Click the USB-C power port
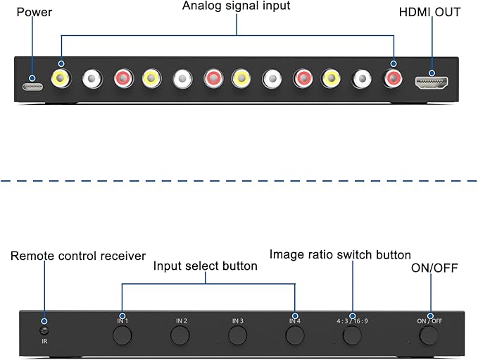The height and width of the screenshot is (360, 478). pyautogui.click(x=32, y=87)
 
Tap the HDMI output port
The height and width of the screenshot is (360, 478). pyautogui.click(x=432, y=82)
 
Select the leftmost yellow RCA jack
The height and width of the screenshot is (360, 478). pyautogui.click(x=61, y=79)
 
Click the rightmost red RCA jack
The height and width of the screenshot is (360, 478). pyautogui.click(x=393, y=79)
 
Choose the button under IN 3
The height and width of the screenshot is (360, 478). pyautogui.click(x=237, y=335)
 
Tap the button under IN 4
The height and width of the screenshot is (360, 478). pyautogui.click(x=295, y=335)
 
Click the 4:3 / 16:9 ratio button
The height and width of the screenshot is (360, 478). pyautogui.click(x=352, y=335)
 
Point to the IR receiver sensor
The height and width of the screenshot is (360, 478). pyautogui.click(x=44, y=330)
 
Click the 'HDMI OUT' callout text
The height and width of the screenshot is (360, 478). pyautogui.click(x=429, y=12)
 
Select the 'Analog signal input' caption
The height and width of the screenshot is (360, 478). pyautogui.click(x=237, y=6)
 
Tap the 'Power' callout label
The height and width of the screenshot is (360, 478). pyautogui.click(x=34, y=12)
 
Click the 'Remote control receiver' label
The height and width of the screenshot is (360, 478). pyautogui.click(x=78, y=256)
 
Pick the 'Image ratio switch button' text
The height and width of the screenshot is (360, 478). pyautogui.click(x=340, y=255)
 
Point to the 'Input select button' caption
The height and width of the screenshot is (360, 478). pyautogui.click(x=205, y=266)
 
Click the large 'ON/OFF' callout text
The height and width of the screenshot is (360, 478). pyautogui.click(x=434, y=268)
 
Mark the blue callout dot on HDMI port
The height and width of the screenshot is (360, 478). pyautogui.click(x=432, y=73)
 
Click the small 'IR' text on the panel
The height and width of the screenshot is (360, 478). pyautogui.click(x=44, y=342)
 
